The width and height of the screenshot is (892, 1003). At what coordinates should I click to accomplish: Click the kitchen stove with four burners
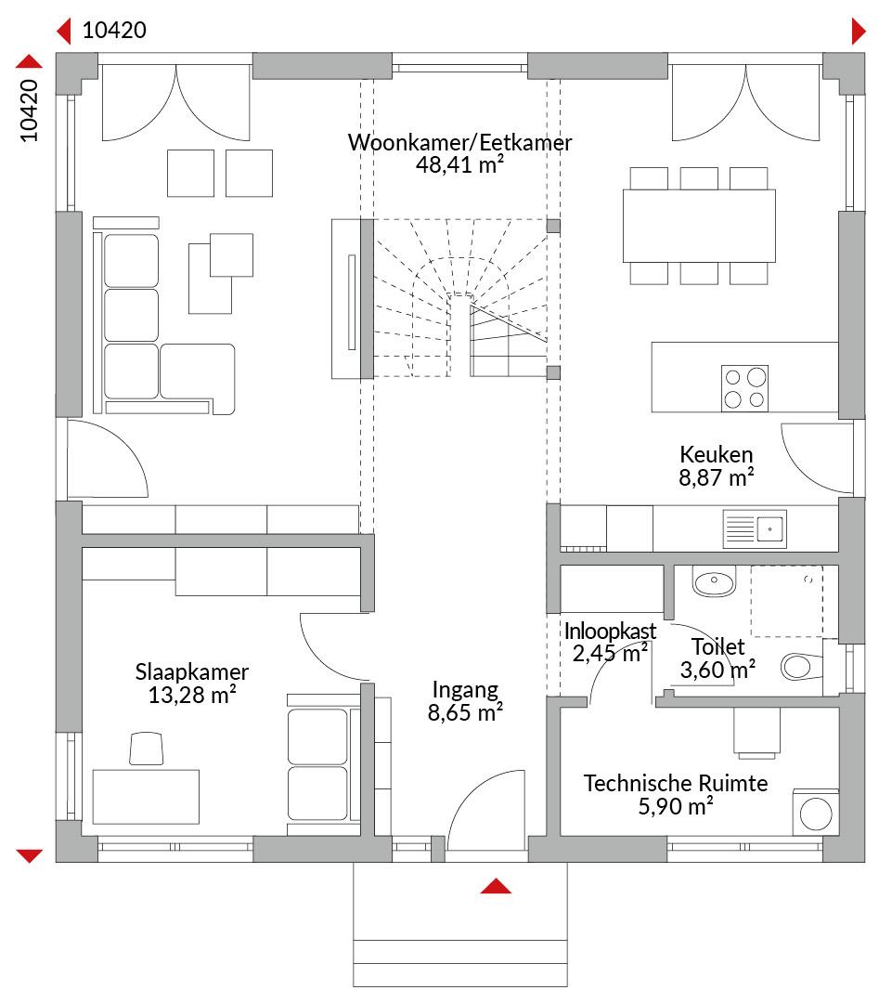[x=744, y=388]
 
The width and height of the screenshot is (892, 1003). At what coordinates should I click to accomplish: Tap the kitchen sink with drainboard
[x=755, y=529]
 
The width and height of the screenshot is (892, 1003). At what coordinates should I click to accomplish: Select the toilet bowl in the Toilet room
[x=801, y=667]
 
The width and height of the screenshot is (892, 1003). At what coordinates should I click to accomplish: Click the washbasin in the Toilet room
[x=714, y=582]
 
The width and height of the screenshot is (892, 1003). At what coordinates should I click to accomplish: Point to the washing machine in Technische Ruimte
[x=816, y=814]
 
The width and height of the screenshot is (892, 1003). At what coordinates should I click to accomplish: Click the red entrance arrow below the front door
[x=496, y=886]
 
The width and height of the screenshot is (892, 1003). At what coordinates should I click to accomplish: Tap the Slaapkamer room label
[x=192, y=671]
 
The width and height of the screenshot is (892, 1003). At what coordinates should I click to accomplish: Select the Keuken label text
[x=717, y=454]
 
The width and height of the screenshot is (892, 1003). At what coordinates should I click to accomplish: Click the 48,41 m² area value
[x=459, y=164]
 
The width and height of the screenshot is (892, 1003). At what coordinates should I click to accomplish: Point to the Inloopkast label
[x=610, y=632]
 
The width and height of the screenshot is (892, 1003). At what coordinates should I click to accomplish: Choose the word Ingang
[x=465, y=690]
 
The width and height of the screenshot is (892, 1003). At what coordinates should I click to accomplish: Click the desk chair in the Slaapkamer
[x=147, y=749]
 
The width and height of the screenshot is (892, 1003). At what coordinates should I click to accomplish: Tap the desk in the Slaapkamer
[x=146, y=797]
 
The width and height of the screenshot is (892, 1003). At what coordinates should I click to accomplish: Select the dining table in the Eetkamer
[x=699, y=226]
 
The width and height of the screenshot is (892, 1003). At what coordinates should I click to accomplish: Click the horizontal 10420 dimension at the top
[x=114, y=30]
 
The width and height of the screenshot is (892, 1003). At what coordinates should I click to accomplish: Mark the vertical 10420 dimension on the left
[x=30, y=110]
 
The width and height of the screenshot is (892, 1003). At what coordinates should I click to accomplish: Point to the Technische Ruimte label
[x=676, y=783]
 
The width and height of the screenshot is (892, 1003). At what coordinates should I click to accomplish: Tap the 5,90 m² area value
[x=676, y=807]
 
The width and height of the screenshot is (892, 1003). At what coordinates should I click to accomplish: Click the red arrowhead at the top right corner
[x=858, y=32]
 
